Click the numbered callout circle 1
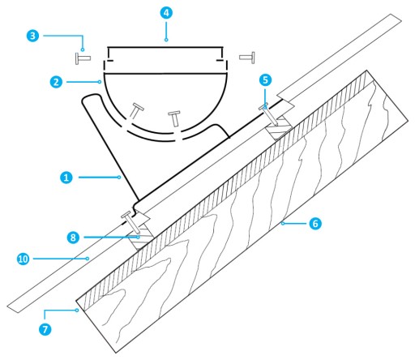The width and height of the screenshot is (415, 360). pos(66,178)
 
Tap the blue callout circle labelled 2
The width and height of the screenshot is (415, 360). pos(56,82)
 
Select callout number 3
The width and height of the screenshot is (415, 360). pos(32,36)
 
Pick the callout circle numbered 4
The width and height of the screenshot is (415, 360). pos(166,13)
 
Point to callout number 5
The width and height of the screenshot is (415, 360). pos(265,80)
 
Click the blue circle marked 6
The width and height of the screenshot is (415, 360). pos(315,224)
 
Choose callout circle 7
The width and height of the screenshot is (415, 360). pos(45,329)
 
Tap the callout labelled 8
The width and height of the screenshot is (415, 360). pos(73,238)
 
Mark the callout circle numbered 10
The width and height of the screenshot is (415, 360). pos(23,259)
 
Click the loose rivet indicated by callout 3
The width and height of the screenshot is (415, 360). pos(83,58)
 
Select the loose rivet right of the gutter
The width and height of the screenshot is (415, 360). pos(247,58)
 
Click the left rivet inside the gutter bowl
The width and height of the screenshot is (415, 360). pos(136,110)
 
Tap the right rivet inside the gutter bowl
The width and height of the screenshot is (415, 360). pos(175,118)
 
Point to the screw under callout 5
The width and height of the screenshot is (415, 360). pos(269,115)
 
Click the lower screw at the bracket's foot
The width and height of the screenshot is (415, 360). pos(131,223)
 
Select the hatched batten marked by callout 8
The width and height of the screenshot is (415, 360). pos(141,237)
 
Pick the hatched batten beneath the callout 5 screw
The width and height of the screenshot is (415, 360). pos(279,127)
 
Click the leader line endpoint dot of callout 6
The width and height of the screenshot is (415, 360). pos(283,224)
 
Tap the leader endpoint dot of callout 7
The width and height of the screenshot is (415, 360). pos(77,311)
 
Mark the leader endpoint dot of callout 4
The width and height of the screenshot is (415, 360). pos(166,40)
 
